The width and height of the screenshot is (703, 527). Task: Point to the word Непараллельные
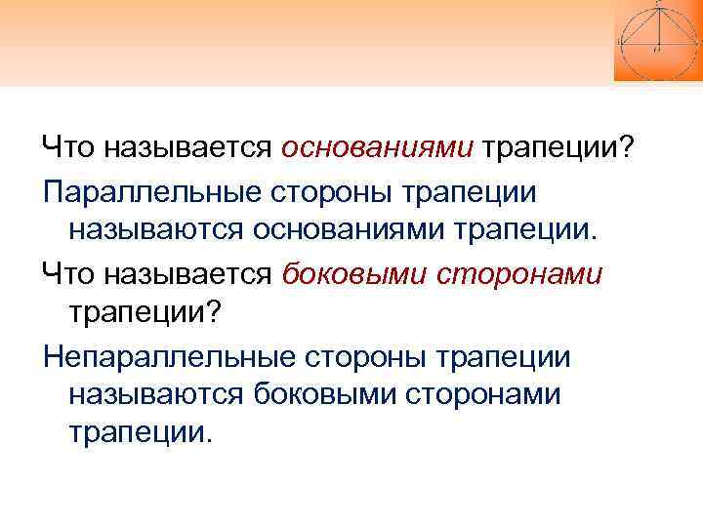[167, 357]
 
